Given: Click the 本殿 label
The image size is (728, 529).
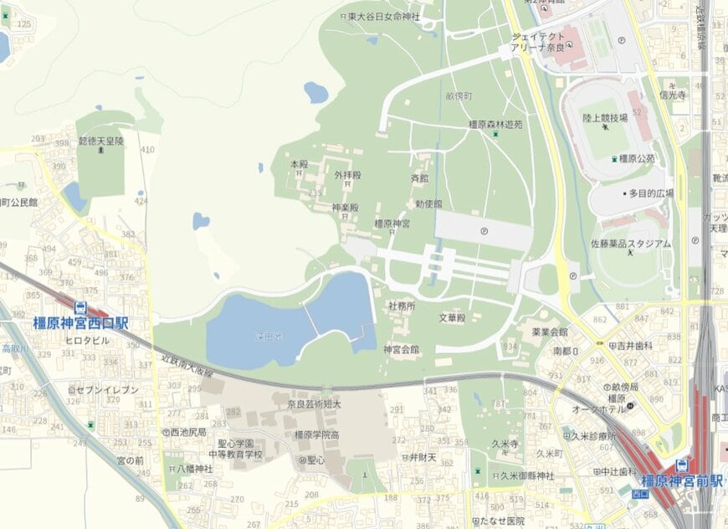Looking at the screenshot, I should (300, 164).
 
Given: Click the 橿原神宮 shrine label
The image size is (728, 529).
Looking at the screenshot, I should (392, 223).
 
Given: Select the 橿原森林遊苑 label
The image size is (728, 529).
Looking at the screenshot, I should (495, 124).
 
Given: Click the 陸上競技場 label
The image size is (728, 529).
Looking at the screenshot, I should (605, 119).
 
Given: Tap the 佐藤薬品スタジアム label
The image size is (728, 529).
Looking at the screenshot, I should (630, 244).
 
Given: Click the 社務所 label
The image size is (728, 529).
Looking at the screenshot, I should (402, 306).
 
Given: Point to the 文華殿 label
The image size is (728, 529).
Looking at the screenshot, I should (452, 318).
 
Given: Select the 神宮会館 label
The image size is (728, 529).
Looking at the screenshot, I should (402, 348).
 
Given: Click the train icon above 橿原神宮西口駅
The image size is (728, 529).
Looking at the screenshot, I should (80, 308).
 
